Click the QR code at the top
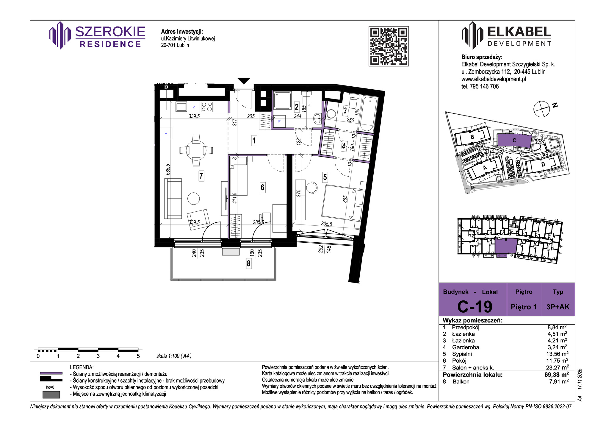click(389, 46)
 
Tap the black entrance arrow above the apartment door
click(244, 81)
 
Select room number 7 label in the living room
click(201, 176)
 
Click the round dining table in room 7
click(196, 150)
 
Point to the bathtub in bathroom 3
click(368, 114)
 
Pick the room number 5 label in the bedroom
click(325, 177)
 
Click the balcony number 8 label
click(248, 263)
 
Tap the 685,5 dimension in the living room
click(168, 169)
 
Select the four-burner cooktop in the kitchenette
click(207, 107)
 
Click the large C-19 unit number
click(475, 307)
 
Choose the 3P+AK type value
click(558, 307)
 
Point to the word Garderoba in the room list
click(466, 347)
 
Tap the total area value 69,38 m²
click(557, 375)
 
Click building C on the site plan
click(514, 140)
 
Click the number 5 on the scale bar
click(138, 356)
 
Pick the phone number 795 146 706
click(484, 86)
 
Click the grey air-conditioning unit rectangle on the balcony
click(231, 252)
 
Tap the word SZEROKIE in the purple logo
click(110, 32)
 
